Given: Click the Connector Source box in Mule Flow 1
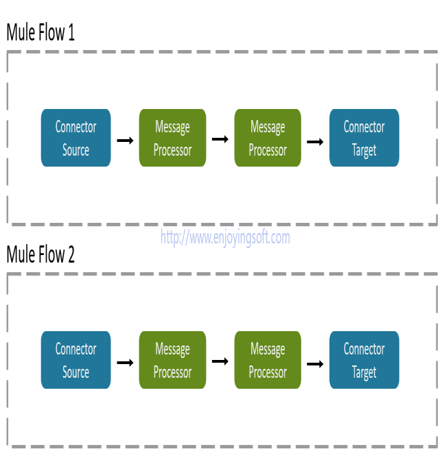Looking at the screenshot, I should click(x=75, y=138).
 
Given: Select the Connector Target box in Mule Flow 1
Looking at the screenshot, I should click(x=364, y=138).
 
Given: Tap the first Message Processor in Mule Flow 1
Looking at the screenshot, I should click(x=172, y=138).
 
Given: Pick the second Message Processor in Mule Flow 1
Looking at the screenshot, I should click(x=268, y=138).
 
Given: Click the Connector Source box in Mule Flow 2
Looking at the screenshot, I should click(x=75, y=360).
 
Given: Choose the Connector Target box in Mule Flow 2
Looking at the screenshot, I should click(x=364, y=360).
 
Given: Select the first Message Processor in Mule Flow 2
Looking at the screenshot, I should click(x=172, y=360).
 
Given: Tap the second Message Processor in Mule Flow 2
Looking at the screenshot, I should click(x=268, y=360).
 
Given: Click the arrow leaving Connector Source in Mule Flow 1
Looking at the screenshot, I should click(x=125, y=141).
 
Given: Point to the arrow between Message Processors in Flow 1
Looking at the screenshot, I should click(x=220, y=139).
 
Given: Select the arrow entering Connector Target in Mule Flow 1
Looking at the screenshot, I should click(x=315, y=141).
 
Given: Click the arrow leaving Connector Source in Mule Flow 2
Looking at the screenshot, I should click(x=125, y=363).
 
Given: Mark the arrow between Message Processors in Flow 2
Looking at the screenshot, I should click(x=220, y=361).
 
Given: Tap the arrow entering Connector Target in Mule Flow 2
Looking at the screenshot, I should click(x=315, y=363).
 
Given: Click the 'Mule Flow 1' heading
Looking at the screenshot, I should click(x=40, y=33).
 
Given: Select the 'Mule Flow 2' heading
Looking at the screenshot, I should click(x=40, y=255).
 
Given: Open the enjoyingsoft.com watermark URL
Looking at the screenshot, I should click(x=225, y=238).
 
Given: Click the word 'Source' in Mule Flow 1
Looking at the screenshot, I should click(x=75, y=150).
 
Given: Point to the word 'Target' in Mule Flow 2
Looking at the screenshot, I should click(x=364, y=372).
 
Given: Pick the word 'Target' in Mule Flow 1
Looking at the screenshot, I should click(x=364, y=150).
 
